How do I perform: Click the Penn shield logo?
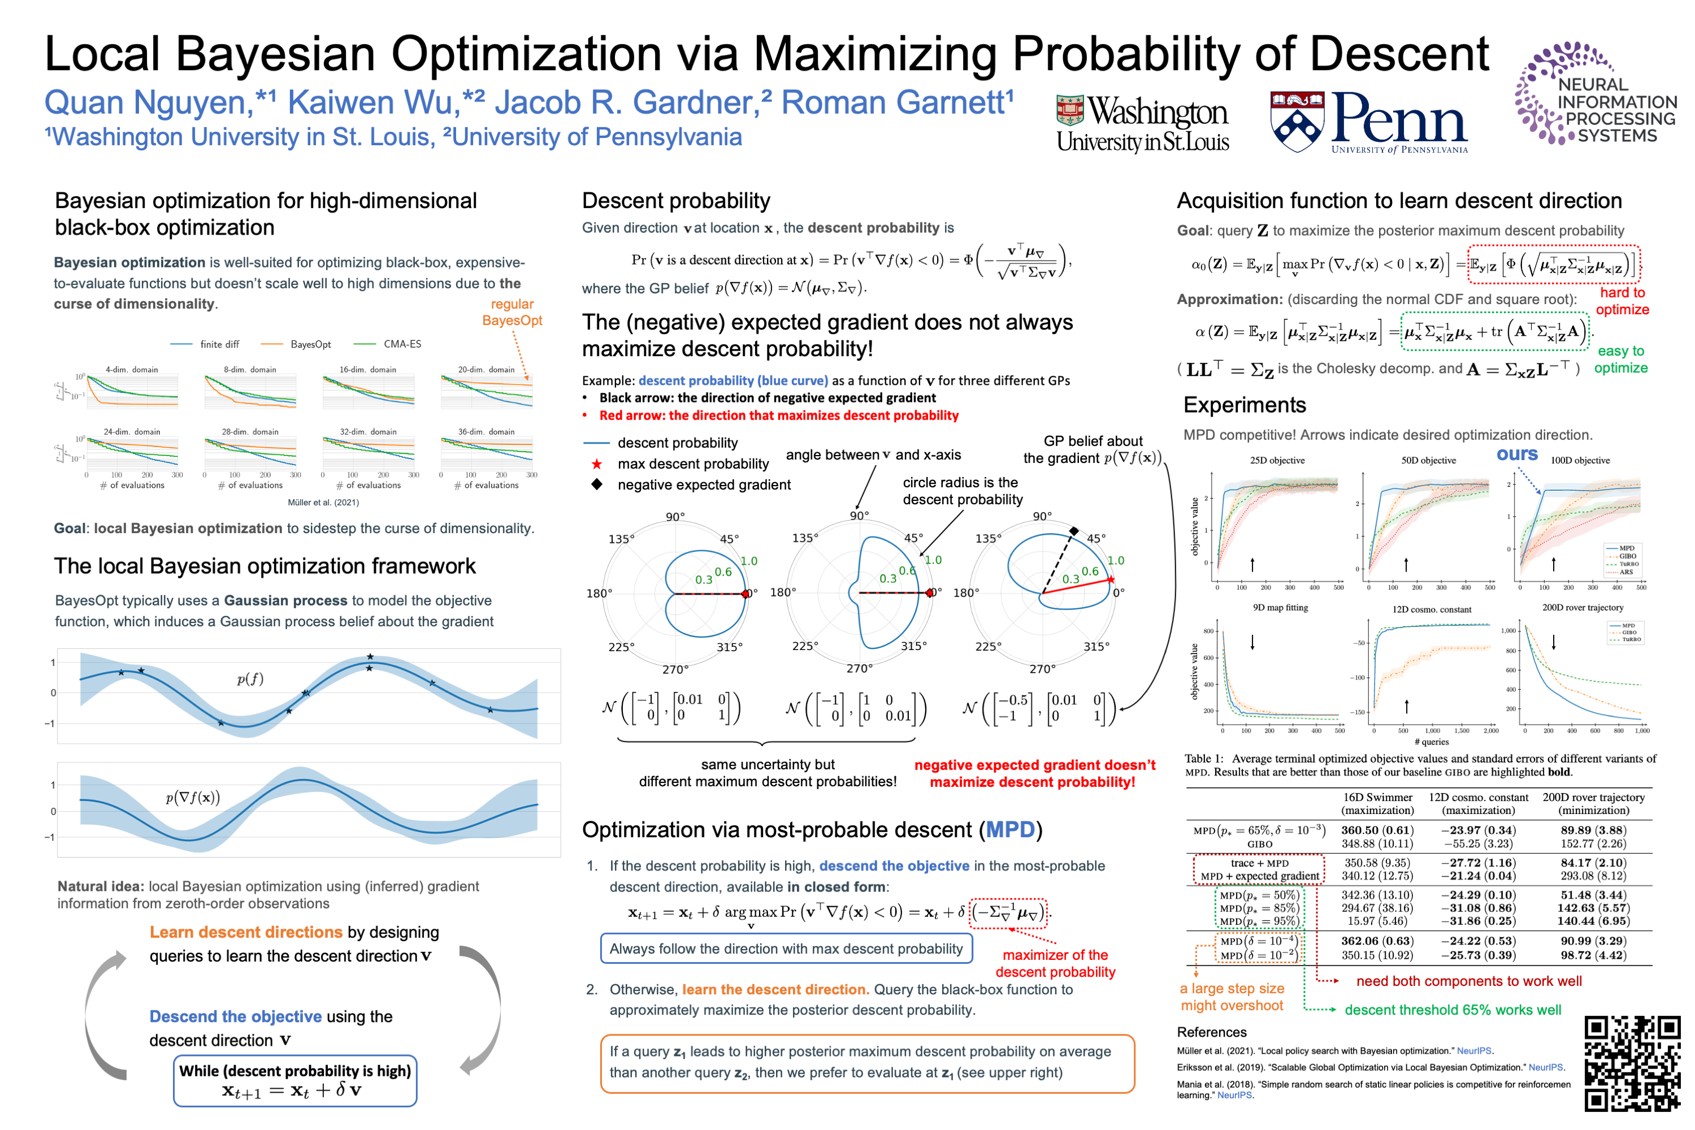(1296, 121)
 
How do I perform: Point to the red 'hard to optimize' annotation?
(1622, 301)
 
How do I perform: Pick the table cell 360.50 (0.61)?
(1377, 830)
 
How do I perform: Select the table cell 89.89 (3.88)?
(1593, 830)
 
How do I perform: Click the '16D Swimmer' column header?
(1377, 797)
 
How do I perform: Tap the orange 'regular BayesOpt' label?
(511, 312)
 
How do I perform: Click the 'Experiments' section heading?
(1244, 405)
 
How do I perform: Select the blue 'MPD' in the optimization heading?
(1009, 829)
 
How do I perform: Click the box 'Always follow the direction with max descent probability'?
(786, 949)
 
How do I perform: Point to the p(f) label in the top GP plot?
(250, 678)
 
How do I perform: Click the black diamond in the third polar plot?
(1073, 531)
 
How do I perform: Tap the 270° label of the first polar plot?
(674, 669)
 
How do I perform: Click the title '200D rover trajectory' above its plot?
(1582, 608)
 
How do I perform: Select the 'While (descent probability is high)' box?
(294, 1080)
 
